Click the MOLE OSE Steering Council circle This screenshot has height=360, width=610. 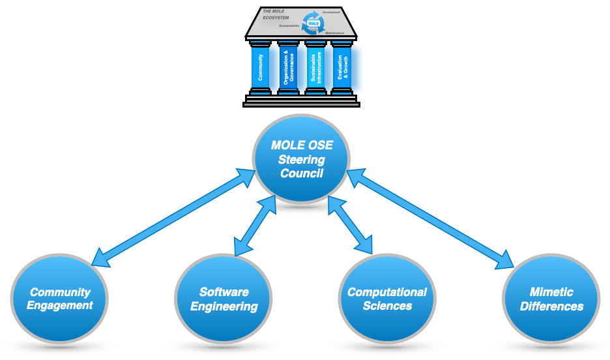click(x=302, y=160)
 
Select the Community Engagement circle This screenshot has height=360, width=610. click(x=60, y=299)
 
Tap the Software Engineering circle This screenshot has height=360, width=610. click(x=224, y=299)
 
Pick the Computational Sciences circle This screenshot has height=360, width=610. click(x=387, y=299)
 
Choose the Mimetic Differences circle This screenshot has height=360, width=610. click(x=551, y=299)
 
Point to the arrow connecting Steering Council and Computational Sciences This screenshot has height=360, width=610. click(x=350, y=226)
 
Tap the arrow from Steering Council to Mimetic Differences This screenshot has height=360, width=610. click(x=430, y=218)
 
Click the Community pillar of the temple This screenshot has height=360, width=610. click(x=261, y=68)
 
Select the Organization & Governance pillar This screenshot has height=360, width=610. click(x=288, y=68)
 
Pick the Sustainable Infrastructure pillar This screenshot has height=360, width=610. click(x=315, y=68)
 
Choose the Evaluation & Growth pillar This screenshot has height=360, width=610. click(x=342, y=68)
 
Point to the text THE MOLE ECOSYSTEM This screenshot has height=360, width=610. click(x=274, y=15)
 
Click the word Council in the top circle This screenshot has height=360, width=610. click(x=302, y=173)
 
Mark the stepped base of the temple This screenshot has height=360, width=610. click(x=302, y=100)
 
